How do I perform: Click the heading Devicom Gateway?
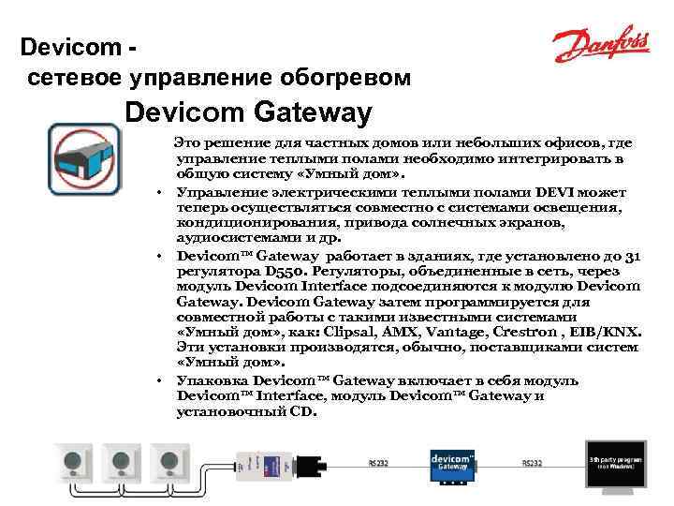coord(248,113)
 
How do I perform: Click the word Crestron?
coord(535,333)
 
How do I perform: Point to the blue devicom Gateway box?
coord(450,462)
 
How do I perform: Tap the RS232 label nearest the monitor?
coord(532,463)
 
